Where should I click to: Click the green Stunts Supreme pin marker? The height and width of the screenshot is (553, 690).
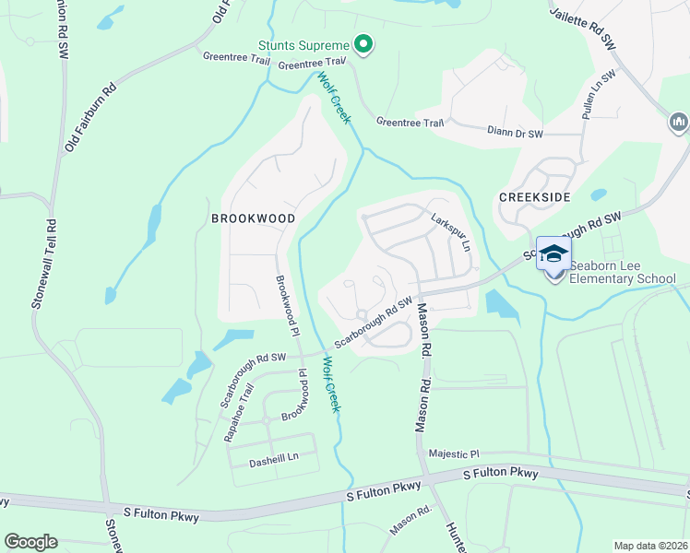[363, 44]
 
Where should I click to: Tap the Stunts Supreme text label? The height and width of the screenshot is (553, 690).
[303, 45]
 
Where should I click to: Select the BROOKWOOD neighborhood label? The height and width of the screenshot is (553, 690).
[253, 218]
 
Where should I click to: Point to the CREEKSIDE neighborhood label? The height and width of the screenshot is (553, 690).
[534, 197]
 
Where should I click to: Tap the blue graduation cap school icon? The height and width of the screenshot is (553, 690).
[553, 254]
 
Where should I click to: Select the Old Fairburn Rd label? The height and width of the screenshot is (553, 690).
[89, 118]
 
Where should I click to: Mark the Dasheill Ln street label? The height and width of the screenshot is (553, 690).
[275, 457]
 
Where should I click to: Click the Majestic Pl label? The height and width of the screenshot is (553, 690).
[455, 454]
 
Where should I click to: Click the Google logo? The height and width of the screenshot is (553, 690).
[30, 542]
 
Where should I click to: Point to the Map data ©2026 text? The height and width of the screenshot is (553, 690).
[651, 546]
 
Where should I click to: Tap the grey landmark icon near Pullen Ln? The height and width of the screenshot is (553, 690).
[679, 122]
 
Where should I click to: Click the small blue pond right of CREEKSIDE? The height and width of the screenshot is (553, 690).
[599, 195]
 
